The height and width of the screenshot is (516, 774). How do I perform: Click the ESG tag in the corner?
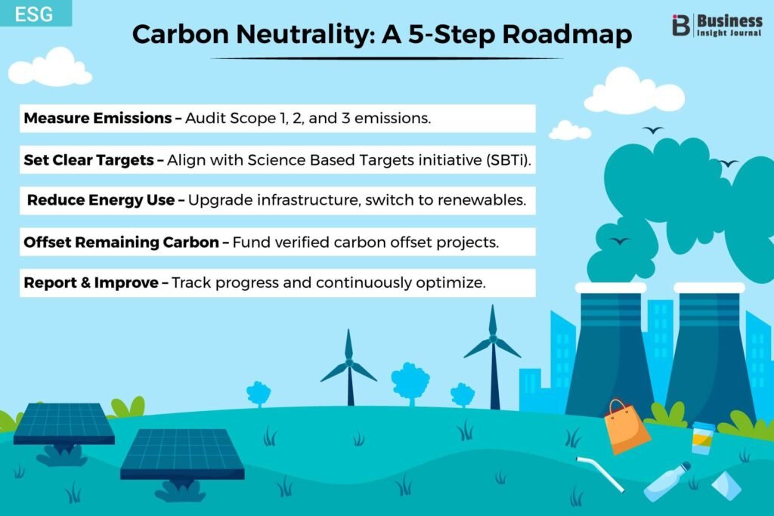(35, 14)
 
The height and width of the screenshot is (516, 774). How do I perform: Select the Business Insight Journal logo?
(717, 25)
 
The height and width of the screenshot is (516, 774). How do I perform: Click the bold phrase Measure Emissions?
(98, 119)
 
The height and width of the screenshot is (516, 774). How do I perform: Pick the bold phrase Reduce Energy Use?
(101, 200)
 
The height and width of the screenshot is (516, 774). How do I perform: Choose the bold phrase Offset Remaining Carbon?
(121, 243)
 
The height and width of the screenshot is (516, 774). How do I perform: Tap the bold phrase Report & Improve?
(91, 283)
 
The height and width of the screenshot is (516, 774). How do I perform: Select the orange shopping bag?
(627, 427)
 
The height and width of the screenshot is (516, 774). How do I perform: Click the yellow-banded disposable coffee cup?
(702, 438)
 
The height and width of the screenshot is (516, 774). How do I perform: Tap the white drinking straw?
(600, 474)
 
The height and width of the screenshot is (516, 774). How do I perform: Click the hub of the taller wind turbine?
(493, 339)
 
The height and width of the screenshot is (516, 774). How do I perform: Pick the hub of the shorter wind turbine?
(349, 363)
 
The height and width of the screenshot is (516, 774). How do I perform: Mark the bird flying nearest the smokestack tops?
(619, 241)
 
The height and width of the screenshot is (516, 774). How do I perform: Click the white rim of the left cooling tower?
(611, 288)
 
